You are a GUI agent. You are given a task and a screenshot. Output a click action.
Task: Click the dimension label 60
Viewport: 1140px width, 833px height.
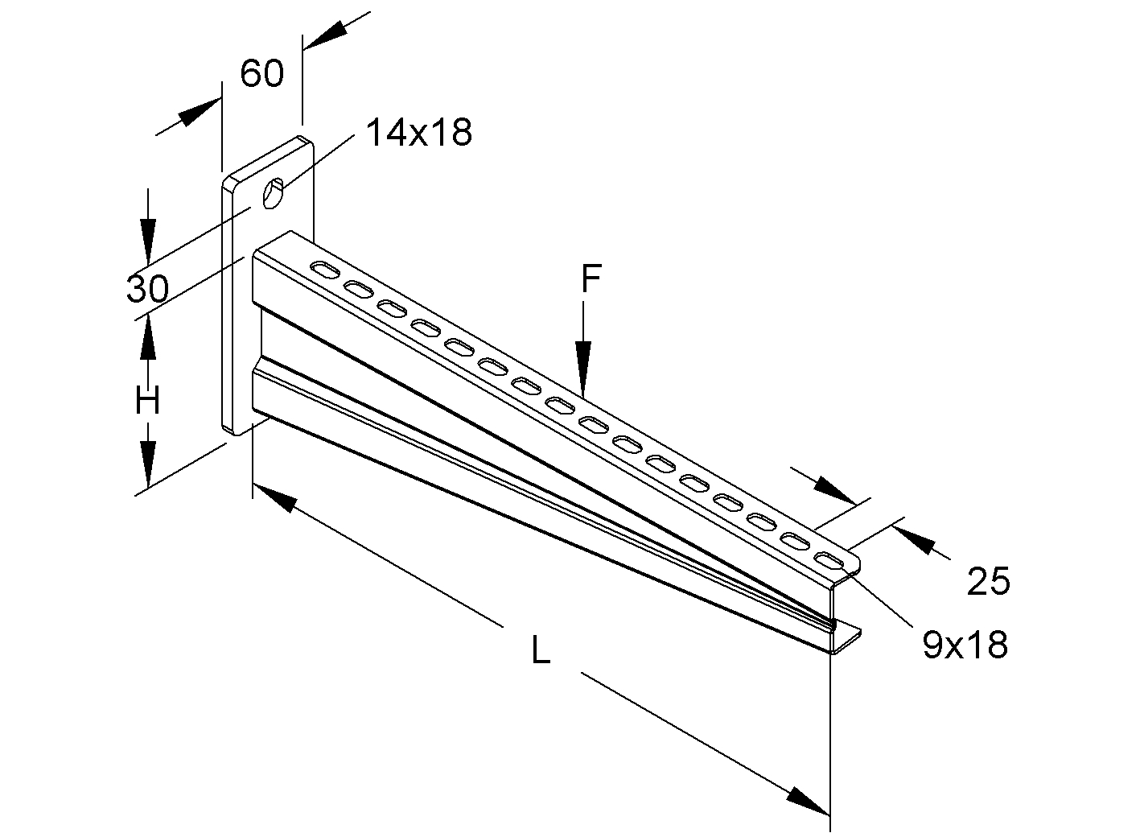[262, 74]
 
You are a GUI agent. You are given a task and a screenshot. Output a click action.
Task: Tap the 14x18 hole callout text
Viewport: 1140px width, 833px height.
[418, 132]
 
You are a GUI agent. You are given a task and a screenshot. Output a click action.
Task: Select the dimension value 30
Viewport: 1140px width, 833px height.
[146, 288]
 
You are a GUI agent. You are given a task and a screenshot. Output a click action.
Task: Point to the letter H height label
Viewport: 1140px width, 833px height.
[147, 400]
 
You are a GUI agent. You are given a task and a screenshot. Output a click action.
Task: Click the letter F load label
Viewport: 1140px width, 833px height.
[591, 279]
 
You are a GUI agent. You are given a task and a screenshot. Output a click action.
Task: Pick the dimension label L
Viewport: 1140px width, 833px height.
[541, 649]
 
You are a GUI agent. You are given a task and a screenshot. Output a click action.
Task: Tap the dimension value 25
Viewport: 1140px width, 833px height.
[988, 581]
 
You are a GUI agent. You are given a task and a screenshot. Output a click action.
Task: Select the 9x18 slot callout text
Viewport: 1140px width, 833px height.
[965, 645]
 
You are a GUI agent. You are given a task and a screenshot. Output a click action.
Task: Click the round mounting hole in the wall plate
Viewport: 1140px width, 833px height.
[274, 194]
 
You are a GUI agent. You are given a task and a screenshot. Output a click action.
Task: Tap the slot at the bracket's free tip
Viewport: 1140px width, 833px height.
[829, 559]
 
